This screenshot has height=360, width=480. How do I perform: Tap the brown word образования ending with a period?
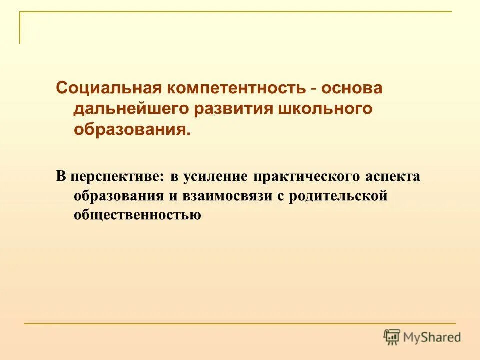[132, 130]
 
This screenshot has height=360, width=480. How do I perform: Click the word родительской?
[344, 196]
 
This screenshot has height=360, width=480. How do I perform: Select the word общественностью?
[137, 215]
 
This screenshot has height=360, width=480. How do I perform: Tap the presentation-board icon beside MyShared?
[392, 337]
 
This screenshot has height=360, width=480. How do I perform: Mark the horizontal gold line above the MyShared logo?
[240, 324]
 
